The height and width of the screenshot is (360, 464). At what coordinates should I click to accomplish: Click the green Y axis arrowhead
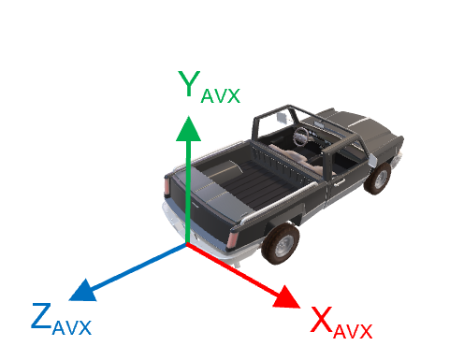pyautogui.click(x=189, y=128)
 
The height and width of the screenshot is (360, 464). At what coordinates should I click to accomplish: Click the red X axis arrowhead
pyautogui.click(x=285, y=298)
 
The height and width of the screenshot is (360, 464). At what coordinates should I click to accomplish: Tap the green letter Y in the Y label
pyautogui.click(x=189, y=83)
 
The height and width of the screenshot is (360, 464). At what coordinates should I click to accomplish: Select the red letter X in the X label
pyautogui.click(x=321, y=321)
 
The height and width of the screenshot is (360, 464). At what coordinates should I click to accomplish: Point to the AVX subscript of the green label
pyautogui.click(x=221, y=94)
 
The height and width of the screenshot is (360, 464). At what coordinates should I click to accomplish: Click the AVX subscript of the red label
pyautogui.click(x=354, y=331)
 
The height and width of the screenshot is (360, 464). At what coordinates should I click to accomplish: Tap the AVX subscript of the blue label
pyautogui.click(x=72, y=327)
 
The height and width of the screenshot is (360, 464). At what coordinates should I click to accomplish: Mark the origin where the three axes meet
pyautogui.click(x=188, y=245)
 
